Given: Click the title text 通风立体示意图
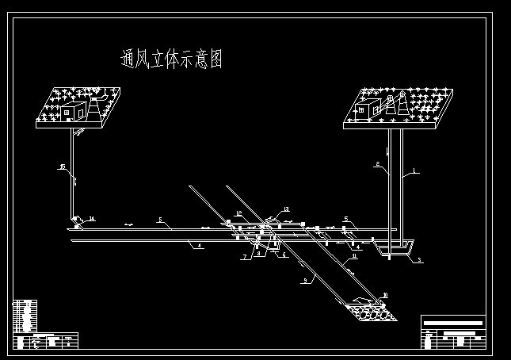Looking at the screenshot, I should [171, 59].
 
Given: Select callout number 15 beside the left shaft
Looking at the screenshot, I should [62, 167].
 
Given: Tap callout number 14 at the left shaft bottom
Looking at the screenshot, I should [92, 219].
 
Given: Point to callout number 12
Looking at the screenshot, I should [238, 214].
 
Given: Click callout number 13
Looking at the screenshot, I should [286, 210].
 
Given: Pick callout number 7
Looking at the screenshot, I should [246, 257].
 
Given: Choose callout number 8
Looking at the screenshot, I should [258, 254].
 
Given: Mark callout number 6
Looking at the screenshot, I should [284, 255].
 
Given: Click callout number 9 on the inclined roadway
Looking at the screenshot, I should [304, 281].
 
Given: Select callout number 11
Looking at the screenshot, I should [354, 255].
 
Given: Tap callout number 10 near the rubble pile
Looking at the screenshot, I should [385, 296].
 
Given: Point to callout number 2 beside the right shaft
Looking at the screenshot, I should [378, 164].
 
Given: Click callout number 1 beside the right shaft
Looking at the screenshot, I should [414, 171].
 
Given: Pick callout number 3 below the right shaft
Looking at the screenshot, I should [420, 260].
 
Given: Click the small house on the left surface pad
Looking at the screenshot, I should [74, 112].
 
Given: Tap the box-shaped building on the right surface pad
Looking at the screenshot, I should [369, 108].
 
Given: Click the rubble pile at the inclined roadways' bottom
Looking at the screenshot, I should [371, 311].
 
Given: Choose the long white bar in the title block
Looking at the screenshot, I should [453, 323].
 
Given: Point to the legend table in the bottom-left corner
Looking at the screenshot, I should [25, 315].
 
